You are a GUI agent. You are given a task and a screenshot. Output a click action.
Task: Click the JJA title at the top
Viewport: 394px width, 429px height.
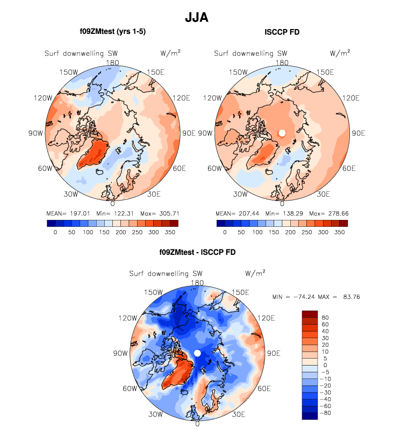[x=197, y=17]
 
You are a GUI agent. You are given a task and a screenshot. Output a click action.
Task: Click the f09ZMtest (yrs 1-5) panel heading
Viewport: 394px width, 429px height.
[x=112, y=32]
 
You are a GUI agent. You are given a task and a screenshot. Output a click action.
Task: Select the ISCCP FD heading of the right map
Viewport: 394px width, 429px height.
[x=282, y=32]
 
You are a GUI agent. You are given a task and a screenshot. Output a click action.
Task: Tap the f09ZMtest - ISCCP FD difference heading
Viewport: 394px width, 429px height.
[x=197, y=252]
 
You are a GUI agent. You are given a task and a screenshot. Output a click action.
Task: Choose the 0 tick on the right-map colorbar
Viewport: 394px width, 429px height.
[x=224, y=232]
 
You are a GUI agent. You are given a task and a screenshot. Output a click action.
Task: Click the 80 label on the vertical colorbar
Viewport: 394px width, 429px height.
[x=325, y=318]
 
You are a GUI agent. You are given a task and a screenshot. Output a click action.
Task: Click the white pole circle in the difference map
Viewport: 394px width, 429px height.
[x=197, y=353]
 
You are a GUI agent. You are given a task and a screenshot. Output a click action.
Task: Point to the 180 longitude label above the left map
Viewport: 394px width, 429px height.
[x=112, y=62]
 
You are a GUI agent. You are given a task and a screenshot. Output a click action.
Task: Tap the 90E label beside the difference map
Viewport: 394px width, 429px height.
[x=274, y=354]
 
